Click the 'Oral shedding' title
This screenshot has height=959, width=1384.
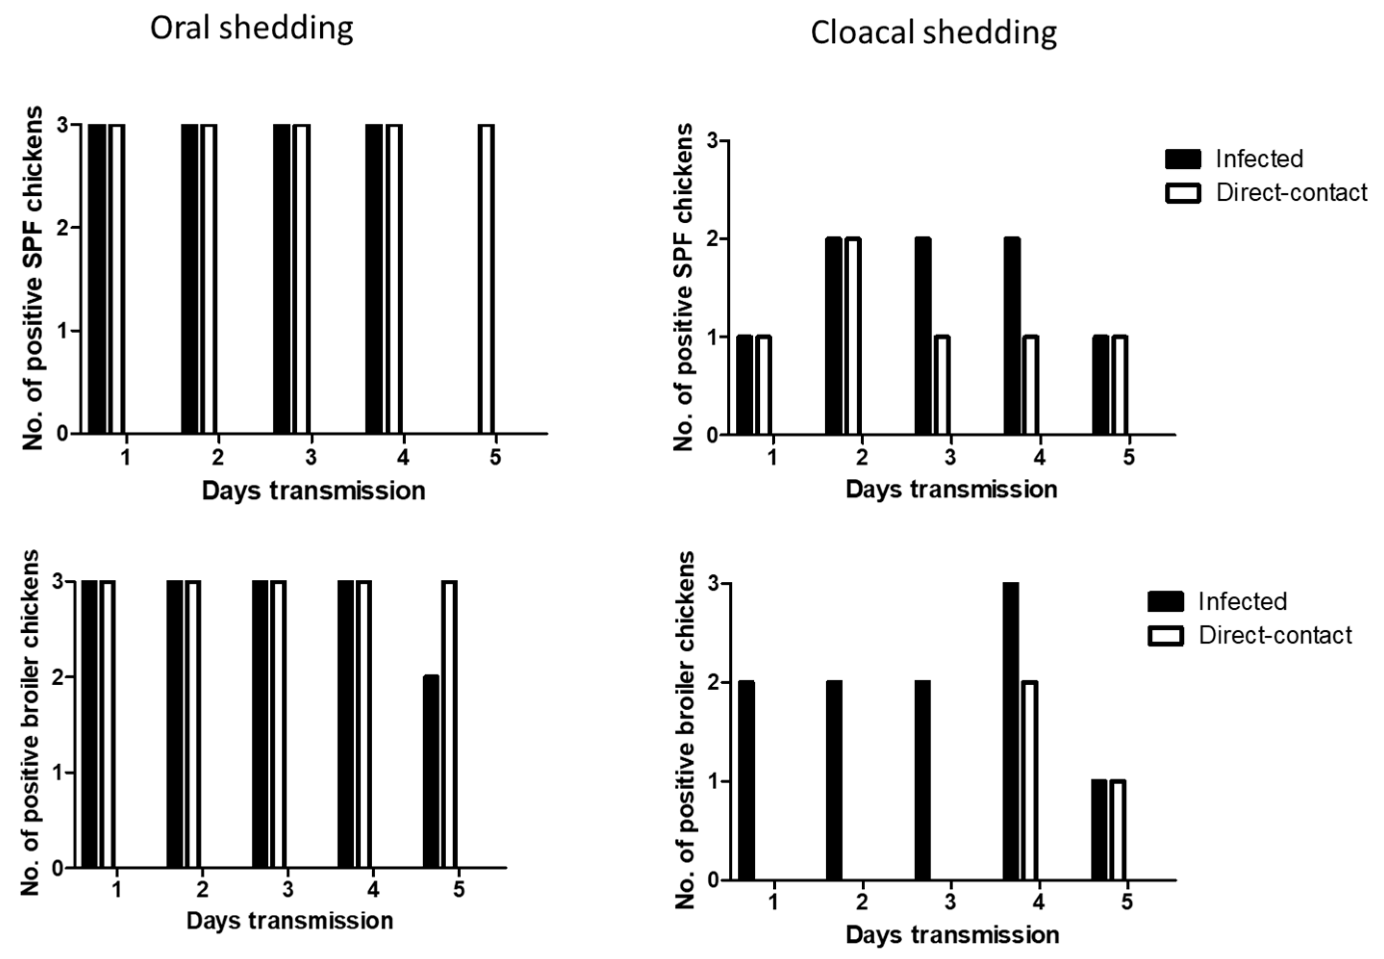point(252,29)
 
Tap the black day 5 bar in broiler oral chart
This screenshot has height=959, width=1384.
point(431,771)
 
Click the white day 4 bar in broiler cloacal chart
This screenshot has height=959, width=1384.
point(1029,780)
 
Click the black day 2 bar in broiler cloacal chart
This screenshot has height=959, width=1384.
point(834,780)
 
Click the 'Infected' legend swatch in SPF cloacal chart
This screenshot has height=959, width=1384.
point(1183,159)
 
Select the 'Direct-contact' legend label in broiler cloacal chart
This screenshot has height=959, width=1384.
point(1275,635)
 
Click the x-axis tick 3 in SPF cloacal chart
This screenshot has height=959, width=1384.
point(950,457)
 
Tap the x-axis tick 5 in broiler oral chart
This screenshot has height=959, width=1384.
point(459,889)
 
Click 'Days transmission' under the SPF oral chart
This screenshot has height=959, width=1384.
point(314,491)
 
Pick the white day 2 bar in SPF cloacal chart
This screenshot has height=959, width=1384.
point(853,336)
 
